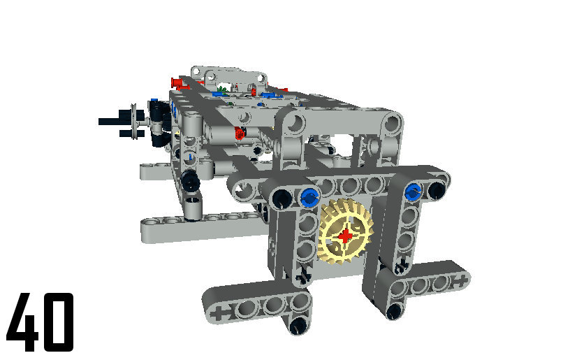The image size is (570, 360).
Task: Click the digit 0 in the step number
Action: [58, 322]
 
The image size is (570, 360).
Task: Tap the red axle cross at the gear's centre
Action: [345, 236]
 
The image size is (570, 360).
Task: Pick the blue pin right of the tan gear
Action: [413, 191]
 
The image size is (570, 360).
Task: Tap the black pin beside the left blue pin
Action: [282, 198]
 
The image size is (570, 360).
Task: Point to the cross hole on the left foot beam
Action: [220, 313]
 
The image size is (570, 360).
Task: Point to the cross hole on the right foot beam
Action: [460, 281]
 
